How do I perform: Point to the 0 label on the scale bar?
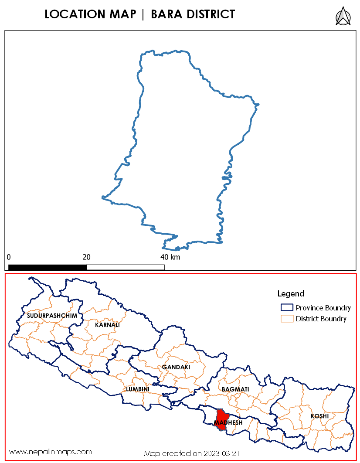coord(9,257)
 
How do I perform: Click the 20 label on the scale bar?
coord(86,257)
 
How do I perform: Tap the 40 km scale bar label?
coord(170,257)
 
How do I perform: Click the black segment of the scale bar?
coord(48,267)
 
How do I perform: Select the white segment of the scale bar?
coord(126,267)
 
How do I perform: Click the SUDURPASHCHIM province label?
coord(52,315)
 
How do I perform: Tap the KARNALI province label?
coord(107,325)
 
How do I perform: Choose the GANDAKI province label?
coord(176,367)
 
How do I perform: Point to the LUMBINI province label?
coord(137,388)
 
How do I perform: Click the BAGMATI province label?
coord(235,388)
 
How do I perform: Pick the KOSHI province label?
coord(319,416)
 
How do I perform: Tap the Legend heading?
coord(291,293)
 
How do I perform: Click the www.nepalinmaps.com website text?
coord(51,452)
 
